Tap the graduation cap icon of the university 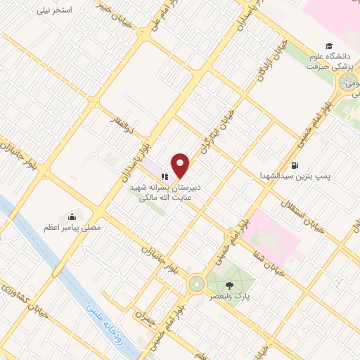[x=329, y=44]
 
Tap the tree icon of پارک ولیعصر [x=229, y=285]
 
